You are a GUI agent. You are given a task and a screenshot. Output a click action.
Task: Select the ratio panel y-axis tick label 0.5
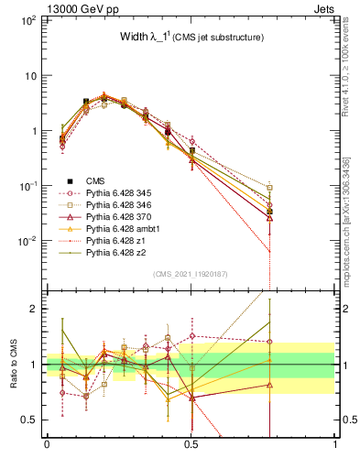click(29, 420)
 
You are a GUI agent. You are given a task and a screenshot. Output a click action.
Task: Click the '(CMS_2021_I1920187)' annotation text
click(191, 273)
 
